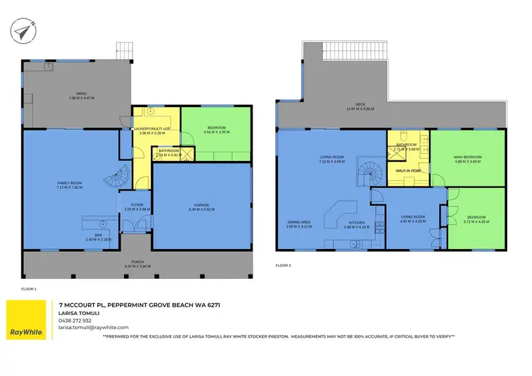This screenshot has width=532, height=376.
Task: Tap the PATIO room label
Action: (82, 93)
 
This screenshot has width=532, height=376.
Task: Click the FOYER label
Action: (137, 204)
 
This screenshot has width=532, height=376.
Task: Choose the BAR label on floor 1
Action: (99, 236)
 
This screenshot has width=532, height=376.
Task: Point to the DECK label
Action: (360, 105)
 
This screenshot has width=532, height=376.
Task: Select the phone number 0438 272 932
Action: (74, 321)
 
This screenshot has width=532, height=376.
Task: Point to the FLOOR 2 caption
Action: (283, 265)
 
